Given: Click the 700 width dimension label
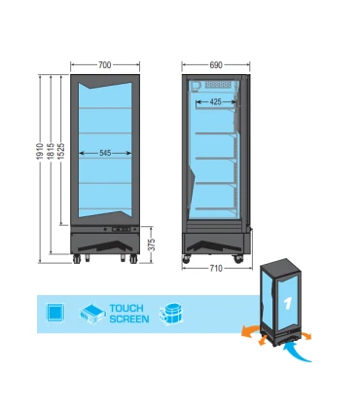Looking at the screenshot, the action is coord(105,65).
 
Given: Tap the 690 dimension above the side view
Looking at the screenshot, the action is coord(216,65).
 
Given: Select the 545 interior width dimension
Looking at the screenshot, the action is coord(105,153).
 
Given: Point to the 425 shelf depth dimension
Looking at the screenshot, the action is coord(215,102).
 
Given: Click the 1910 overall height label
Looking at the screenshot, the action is coord(40,151).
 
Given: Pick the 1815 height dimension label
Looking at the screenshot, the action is coord(51,151).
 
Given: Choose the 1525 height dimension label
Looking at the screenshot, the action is coord(61,151).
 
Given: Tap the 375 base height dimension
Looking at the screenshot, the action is coord(152,244).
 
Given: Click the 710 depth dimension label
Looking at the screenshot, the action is coord(216,269).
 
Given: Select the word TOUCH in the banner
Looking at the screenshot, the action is coord(126,308).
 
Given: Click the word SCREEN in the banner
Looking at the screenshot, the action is coord(129,319).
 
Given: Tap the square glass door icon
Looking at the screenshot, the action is coord(55,313).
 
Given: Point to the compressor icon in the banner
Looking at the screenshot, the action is coord(171,315).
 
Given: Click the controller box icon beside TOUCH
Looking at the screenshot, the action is coord(93,314).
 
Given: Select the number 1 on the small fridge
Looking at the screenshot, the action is coord(288,304).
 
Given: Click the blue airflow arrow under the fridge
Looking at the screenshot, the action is coord(296,354).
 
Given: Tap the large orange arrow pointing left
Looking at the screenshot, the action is coord(250,331).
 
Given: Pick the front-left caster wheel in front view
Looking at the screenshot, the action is coord(77,259).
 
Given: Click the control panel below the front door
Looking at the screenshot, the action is coord(121,230).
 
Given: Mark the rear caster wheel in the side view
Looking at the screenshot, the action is coord(238,258).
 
